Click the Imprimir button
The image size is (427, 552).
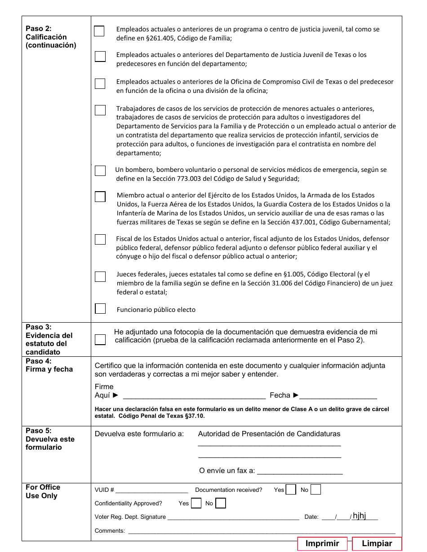coord(322,543)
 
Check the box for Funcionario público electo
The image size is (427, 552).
coord(100,309)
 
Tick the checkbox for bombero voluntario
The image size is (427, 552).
coord(100,171)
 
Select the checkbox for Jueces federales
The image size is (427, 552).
coord(100,276)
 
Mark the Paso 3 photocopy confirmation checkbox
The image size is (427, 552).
coord(100,339)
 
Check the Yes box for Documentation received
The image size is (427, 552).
coord(291,490)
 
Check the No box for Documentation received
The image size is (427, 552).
coord(316,490)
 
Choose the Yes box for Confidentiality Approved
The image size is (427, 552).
coord(196,503)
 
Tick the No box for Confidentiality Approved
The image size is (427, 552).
coord(221,503)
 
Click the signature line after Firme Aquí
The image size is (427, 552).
coord(194,395)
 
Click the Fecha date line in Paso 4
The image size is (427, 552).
coord(338,395)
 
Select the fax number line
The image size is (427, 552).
coord(300,471)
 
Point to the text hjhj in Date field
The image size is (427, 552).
coord(359,516)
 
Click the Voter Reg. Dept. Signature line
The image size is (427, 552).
coord(233,517)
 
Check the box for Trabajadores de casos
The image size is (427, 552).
coord(100,110)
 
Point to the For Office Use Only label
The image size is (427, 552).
coord(43,491)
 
